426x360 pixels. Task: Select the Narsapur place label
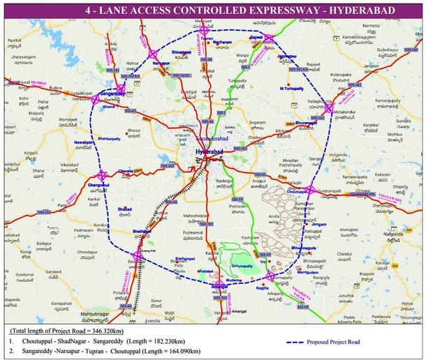point(161,63)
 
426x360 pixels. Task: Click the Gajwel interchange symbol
point(269,38)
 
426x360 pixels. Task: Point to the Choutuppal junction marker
point(310,189)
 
